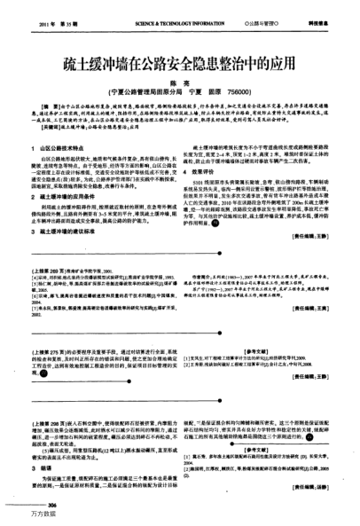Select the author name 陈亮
(x=181, y=82)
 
